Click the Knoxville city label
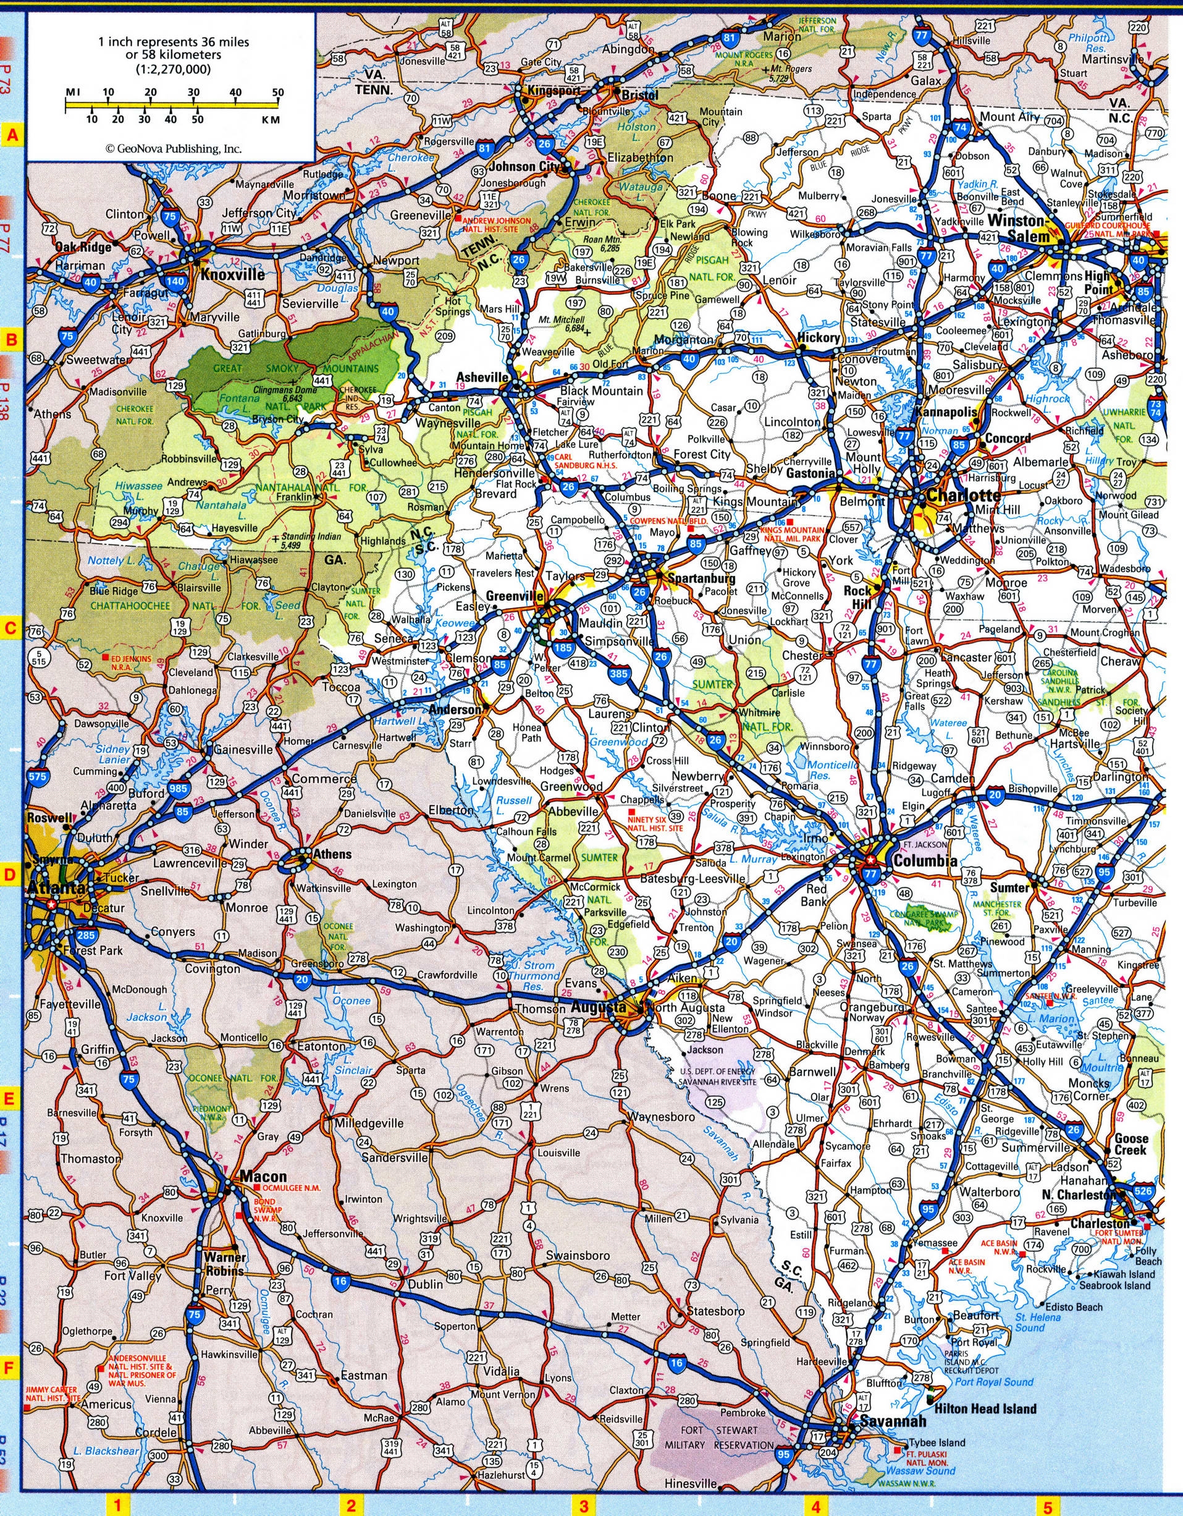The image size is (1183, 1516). (x=232, y=275)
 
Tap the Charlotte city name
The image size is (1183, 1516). (x=963, y=496)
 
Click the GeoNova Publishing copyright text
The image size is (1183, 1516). (x=174, y=148)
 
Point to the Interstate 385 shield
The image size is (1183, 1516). (x=618, y=672)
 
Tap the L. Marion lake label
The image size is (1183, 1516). (x=1056, y=1019)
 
